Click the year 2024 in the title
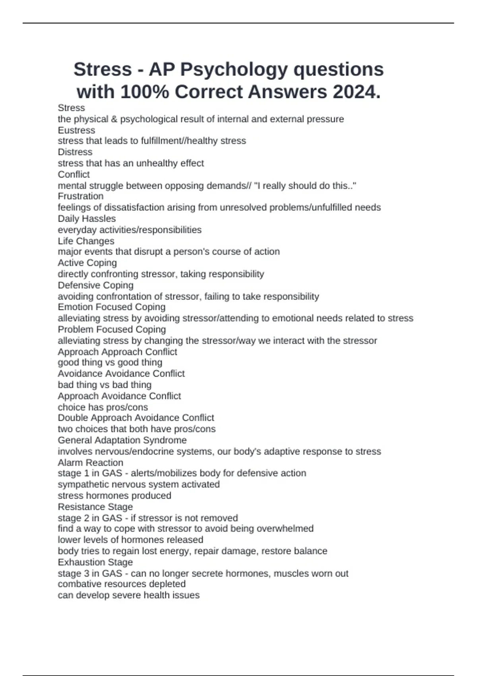tap(356, 92)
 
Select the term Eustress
tap(76, 130)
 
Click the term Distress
tap(75, 152)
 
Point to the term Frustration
tap(81, 196)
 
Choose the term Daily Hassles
tap(87, 218)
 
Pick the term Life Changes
tap(86, 241)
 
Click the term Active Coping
tap(87, 263)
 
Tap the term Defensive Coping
tap(95, 285)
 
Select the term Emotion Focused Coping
tap(112, 307)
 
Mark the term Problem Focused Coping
tap(112, 329)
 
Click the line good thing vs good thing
tap(110, 362)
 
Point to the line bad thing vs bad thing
tap(105, 385)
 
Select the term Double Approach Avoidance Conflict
tap(136, 418)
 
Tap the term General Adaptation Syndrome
tap(122, 440)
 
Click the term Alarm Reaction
tap(91, 462)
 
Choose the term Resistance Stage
tap(95, 507)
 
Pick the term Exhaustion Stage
tap(95, 562)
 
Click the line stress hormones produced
tap(114, 495)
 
